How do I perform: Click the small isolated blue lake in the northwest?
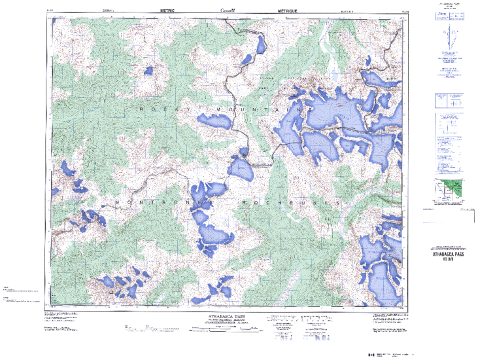(148, 69)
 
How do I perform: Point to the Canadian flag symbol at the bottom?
(371, 354)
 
